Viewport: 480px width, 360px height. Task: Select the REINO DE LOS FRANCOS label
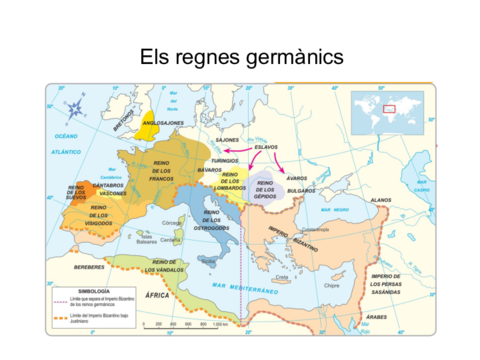click(163, 172)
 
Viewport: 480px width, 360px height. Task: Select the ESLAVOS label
click(266, 147)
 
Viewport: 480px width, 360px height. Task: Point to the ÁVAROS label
click(297, 178)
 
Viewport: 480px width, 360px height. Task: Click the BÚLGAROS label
click(301, 190)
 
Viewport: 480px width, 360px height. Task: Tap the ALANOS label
click(380, 201)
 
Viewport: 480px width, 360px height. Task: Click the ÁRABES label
click(376, 317)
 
